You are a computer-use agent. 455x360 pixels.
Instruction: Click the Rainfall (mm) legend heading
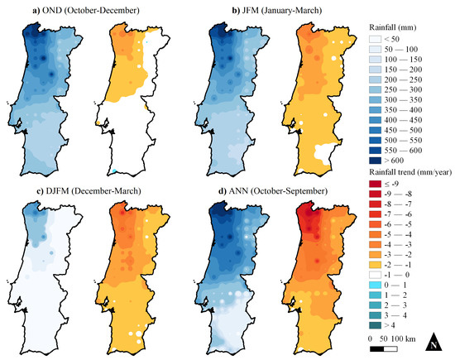397,27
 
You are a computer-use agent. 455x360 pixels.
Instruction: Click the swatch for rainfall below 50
380,40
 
